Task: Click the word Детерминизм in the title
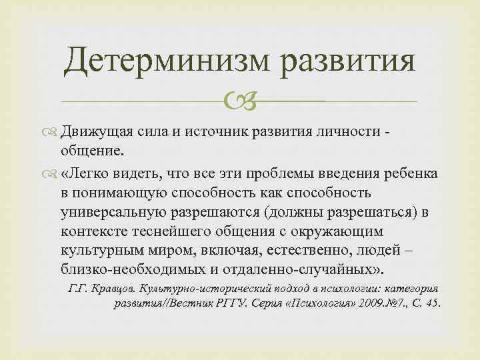click(x=167, y=63)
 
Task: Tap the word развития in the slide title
click(x=349, y=63)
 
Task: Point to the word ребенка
click(x=407, y=175)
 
